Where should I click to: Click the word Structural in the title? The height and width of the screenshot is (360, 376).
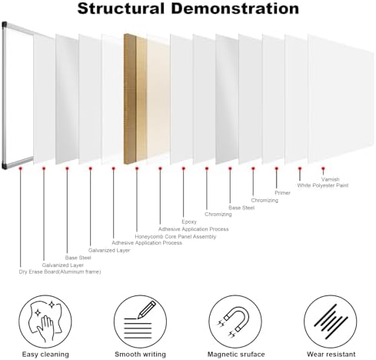coord(121,8)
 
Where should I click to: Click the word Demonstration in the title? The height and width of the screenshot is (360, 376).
coord(235,8)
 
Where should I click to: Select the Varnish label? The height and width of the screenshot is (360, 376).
coord(331,179)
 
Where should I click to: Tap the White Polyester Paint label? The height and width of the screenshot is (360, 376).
coord(323,185)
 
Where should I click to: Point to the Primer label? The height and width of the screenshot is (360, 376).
coord(282,192)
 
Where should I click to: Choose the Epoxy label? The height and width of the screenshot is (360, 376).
coord(189,222)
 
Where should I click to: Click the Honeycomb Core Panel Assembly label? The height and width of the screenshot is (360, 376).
coord(175,236)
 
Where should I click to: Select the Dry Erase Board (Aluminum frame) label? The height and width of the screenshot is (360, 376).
coord(60,272)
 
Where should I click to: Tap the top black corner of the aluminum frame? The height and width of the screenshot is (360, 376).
coord(5,25)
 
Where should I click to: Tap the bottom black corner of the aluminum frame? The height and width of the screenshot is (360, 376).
coord(5,165)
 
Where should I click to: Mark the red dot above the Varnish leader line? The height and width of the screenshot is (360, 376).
coord(323,168)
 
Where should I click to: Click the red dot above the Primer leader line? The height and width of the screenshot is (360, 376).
coord(276,168)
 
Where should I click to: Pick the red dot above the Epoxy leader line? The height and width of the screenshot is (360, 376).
coord(183,168)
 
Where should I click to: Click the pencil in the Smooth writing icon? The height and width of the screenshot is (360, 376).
coord(147,310)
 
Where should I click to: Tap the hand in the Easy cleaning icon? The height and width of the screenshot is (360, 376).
coord(45,328)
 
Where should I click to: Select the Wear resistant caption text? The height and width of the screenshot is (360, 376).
coord(331,355)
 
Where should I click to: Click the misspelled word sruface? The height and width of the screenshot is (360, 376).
coord(251,355)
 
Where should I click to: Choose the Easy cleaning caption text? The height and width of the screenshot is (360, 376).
coord(45,355)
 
